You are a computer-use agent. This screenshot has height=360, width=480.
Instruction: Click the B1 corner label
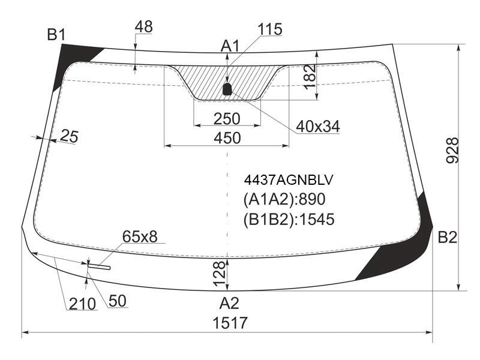tap(56, 35)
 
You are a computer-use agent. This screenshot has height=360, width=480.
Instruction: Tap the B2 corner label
tap(448, 237)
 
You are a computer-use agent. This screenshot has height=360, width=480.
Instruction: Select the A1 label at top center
tap(230, 46)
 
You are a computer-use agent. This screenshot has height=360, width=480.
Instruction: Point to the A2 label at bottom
tap(229, 304)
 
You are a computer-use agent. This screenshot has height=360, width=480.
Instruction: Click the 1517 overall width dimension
tap(230, 323)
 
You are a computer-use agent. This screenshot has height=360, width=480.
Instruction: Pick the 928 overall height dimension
tap(453, 151)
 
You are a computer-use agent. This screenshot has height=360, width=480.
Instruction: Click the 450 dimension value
tap(227, 138)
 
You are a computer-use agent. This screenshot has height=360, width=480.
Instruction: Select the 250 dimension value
tap(227, 119)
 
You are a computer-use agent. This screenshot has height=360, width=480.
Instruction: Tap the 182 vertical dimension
tap(310, 77)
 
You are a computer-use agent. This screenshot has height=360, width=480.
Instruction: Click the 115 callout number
tap(270, 29)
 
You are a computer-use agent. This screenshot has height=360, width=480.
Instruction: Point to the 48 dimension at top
tap(143, 27)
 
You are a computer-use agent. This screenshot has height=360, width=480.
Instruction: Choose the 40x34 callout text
tap(318, 127)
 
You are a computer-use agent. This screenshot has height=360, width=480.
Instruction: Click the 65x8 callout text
tap(140, 236)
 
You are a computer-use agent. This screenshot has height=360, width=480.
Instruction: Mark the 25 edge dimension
tap(69, 136)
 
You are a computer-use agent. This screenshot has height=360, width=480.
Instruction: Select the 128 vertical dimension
tap(219, 274)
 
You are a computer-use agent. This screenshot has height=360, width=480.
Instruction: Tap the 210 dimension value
tap(82, 304)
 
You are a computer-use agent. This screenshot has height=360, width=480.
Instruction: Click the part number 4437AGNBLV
tap(288, 180)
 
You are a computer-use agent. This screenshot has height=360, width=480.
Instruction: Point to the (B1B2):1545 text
tap(289, 219)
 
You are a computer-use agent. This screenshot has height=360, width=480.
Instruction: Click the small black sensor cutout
tap(227, 89)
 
